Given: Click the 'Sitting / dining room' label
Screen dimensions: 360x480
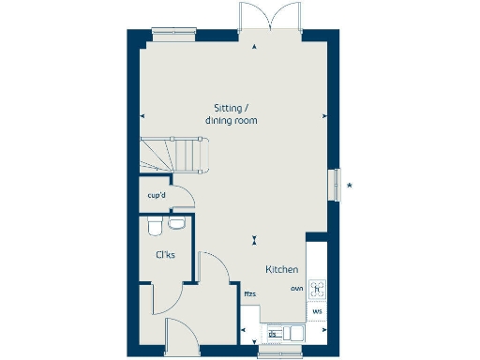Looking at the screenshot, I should click(x=232, y=113).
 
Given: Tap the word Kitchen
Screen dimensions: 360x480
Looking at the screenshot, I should click(x=282, y=269).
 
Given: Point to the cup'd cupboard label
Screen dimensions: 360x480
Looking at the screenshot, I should click(x=157, y=196).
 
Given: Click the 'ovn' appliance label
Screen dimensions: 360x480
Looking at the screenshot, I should click(x=296, y=289).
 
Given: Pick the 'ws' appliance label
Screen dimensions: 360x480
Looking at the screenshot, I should click(x=317, y=310).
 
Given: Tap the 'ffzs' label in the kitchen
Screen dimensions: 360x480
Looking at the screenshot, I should click(x=250, y=294).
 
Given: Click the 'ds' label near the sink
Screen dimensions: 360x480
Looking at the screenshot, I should click(x=273, y=333).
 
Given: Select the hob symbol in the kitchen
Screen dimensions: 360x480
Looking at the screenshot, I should click(x=317, y=288).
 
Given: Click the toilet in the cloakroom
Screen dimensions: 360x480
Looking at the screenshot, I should click(x=154, y=225).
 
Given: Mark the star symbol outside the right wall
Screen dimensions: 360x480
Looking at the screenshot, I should click(x=350, y=185).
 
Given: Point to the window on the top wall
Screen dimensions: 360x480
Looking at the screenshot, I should click(x=175, y=35).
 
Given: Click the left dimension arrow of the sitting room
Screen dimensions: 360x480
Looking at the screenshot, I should click(x=142, y=115).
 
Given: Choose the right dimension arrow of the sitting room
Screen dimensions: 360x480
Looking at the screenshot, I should click(x=324, y=115).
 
